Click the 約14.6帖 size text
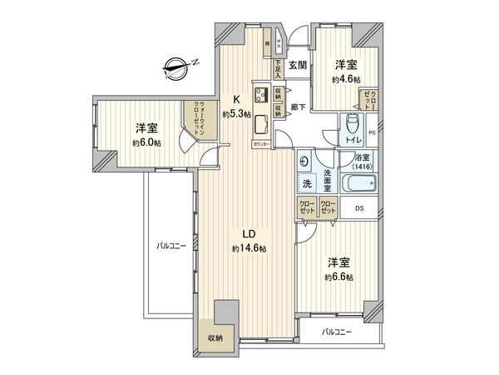[250, 248]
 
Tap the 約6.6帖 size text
[339, 277]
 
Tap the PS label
[372, 132]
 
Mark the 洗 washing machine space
[306, 183]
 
